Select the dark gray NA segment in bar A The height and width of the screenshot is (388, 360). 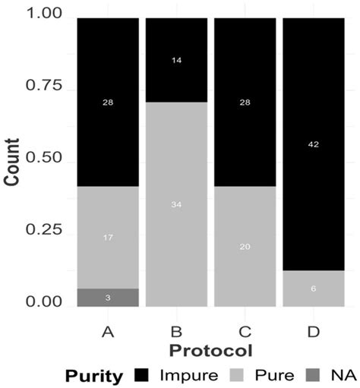pos(107,298)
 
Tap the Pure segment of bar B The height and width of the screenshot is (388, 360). pos(175,228)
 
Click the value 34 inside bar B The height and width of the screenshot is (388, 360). pos(175,205)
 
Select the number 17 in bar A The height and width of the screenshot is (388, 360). pos(107,238)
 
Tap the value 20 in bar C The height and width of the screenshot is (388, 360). pos(244,247)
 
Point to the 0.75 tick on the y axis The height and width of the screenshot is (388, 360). pos(46,90)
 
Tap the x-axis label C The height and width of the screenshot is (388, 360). pos(244,332)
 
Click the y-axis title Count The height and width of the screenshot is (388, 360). pos(14,161)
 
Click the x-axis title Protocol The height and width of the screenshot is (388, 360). pos(210,350)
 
